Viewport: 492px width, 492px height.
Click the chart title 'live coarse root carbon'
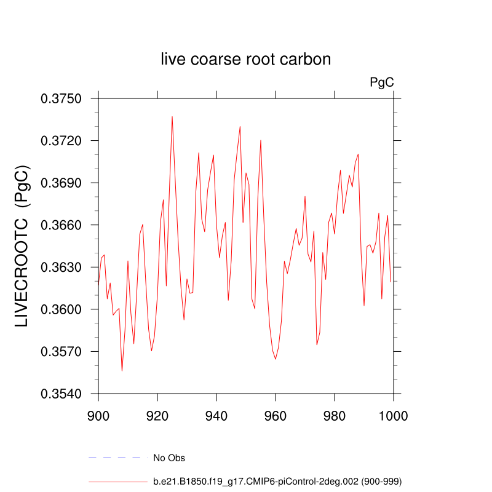(x=246, y=60)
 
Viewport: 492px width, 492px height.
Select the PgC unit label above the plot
(x=381, y=82)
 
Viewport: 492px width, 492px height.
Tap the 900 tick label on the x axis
(x=98, y=415)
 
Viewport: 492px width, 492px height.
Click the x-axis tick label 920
(x=157, y=415)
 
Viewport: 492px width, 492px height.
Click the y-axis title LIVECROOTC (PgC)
(x=22, y=246)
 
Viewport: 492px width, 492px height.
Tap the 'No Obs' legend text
(x=169, y=458)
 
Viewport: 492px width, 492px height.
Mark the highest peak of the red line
(x=172, y=116)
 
